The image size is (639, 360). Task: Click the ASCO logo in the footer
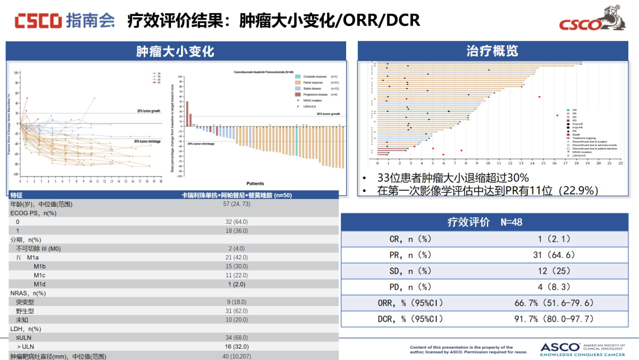pyautogui.click(x=582, y=349)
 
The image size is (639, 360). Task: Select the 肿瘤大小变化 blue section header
pyautogui.click(x=175, y=51)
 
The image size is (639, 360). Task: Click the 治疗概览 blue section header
pyautogui.click(x=492, y=50)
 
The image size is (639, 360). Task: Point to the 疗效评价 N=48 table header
pyautogui.click(x=485, y=222)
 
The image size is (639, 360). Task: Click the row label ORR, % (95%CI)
pyautogui.click(x=410, y=303)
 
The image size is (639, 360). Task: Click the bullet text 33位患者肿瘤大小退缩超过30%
pyautogui.click(x=453, y=178)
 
